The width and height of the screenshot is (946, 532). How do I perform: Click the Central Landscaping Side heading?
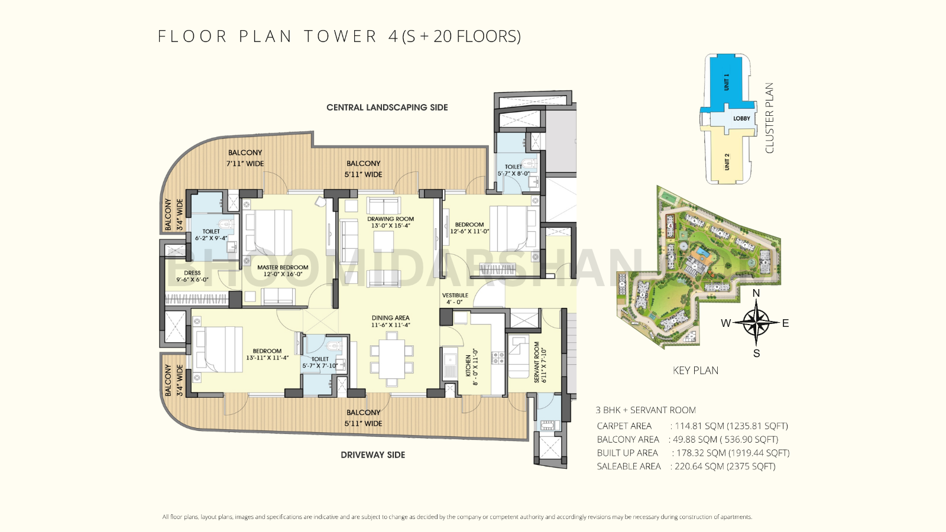coord(387,108)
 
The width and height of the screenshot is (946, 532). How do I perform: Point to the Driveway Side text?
coord(372,455)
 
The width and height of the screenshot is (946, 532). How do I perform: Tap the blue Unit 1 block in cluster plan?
coord(726,82)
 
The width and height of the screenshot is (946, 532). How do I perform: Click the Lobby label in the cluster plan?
coord(741,118)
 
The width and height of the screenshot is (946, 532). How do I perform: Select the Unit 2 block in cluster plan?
coord(727,161)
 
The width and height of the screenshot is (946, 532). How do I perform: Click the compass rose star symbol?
coord(756,323)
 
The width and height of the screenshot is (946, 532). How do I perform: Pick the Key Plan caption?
coord(695,371)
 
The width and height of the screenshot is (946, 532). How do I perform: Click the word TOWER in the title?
coord(340,37)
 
